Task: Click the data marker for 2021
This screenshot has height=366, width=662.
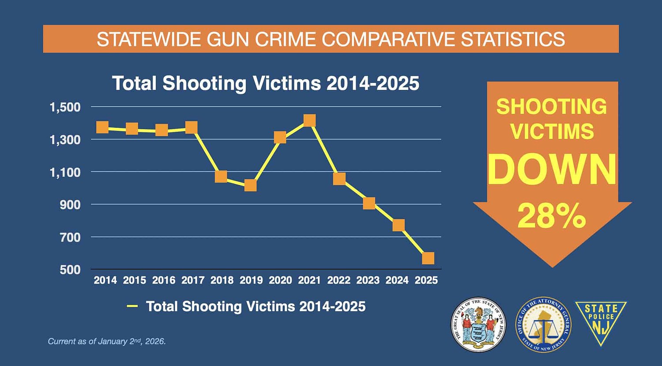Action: pyautogui.click(x=309, y=120)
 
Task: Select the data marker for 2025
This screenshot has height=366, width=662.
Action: pyautogui.click(x=428, y=258)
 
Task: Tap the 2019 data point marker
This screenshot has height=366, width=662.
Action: pyautogui.click(x=250, y=185)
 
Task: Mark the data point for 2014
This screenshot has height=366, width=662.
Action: pyautogui.click(x=102, y=127)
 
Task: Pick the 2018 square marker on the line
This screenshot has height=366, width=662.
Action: pyautogui.click(x=221, y=177)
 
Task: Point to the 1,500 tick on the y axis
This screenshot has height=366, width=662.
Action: pyautogui.click(x=65, y=107)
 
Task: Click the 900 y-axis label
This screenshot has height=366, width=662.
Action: pyautogui.click(x=71, y=205)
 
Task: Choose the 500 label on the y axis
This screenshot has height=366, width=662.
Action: pyautogui.click(x=71, y=269)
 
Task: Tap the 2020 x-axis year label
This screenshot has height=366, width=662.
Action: pyautogui.click(x=280, y=280)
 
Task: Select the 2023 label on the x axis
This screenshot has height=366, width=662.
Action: pyautogui.click(x=368, y=280)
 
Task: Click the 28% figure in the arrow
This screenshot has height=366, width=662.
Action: pyautogui.click(x=552, y=217)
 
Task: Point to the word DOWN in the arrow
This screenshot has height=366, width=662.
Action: pyautogui.click(x=552, y=170)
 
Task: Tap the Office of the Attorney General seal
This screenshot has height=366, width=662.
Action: pyautogui.click(x=543, y=325)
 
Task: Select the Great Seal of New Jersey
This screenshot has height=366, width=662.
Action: pyautogui.click(x=478, y=325)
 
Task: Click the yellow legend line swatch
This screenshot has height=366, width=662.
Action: pyautogui.click(x=132, y=306)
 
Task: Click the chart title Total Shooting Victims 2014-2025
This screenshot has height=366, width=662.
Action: pyautogui.click(x=266, y=83)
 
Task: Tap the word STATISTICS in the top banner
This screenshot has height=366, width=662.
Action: pyautogui.click(x=513, y=39)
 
